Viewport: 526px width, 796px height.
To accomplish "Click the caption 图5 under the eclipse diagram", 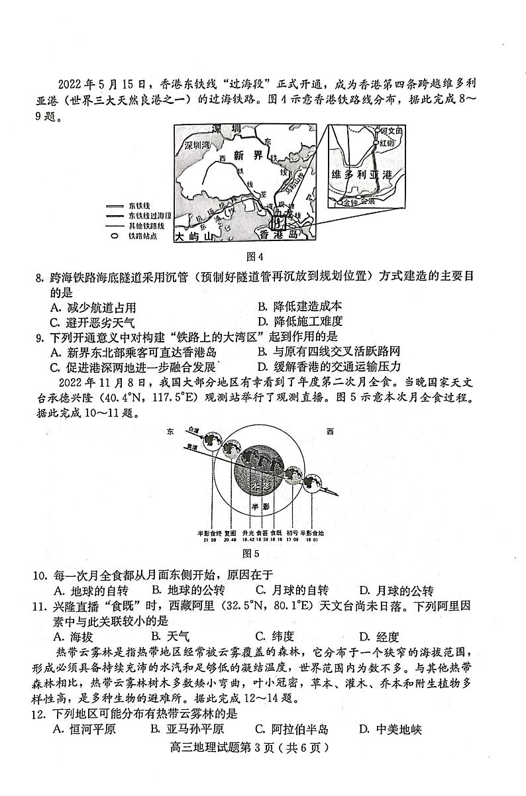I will (250, 553).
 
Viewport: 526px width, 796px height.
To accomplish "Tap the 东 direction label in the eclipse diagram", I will (170, 432).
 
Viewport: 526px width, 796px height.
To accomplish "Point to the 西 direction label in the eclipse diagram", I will (329, 432).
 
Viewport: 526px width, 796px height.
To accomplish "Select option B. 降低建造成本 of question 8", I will (299, 307).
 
